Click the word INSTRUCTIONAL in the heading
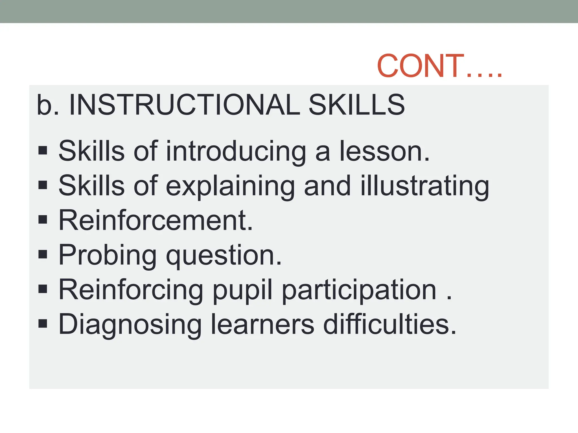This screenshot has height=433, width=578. [x=184, y=105]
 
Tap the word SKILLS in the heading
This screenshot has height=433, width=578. [x=357, y=105]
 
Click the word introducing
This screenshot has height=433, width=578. [x=236, y=152]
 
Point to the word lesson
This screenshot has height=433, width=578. [x=384, y=152]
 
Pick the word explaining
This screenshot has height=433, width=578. [x=230, y=186]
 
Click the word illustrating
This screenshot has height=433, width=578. [x=425, y=186]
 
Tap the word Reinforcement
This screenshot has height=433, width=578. [x=156, y=220]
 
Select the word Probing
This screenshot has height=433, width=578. [x=108, y=255]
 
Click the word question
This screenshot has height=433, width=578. [x=224, y=255]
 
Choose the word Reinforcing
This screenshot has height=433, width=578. [x=131, y=290]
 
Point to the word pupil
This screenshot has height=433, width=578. [x=243, y=290]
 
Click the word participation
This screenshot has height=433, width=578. [x=359, y=290]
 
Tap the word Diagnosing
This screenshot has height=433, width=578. [x=130, y=325]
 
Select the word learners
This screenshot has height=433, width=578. [x=262, y=325]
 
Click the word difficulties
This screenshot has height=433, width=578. [x=389, y=325]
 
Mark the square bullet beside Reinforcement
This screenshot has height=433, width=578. [x=43, y=220]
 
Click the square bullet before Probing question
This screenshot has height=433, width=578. [x=43, y=255]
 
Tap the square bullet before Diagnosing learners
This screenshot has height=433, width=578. [x=43, y=324]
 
